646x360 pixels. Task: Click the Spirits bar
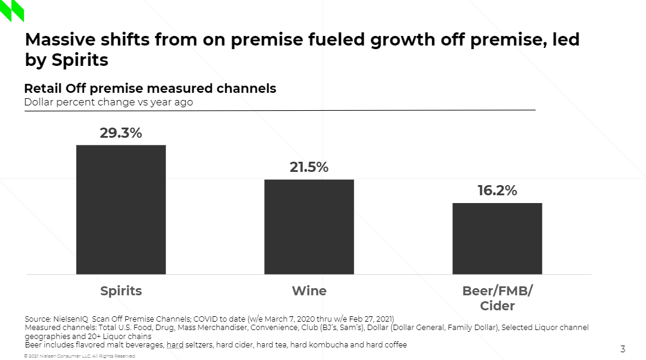(x=120, y=209)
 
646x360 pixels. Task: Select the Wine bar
(x=309, y=226)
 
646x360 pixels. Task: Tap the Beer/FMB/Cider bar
(x=497, y=238)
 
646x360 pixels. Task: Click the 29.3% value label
(x=120, y=133)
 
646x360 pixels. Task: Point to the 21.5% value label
(x=309, y=168)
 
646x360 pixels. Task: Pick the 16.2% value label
(x=497, y=191)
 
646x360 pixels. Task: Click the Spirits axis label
(x=120, y=291)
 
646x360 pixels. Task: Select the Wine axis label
(x=309, y=291)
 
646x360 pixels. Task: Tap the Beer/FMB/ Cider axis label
(x=497, y=298)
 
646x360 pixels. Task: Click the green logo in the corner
(x=12, y=10)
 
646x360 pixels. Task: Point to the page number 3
(x=623, y=349)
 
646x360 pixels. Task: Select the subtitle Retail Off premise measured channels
(x=150, y=89)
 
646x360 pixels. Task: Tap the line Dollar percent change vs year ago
(x=108, y=102)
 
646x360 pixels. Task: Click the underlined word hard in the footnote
(x=175, y=345)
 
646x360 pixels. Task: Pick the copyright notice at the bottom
(x=80, y=356)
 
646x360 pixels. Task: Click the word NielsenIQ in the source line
(x=71, y=319)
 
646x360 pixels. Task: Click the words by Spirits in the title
(x=67, y=60)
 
